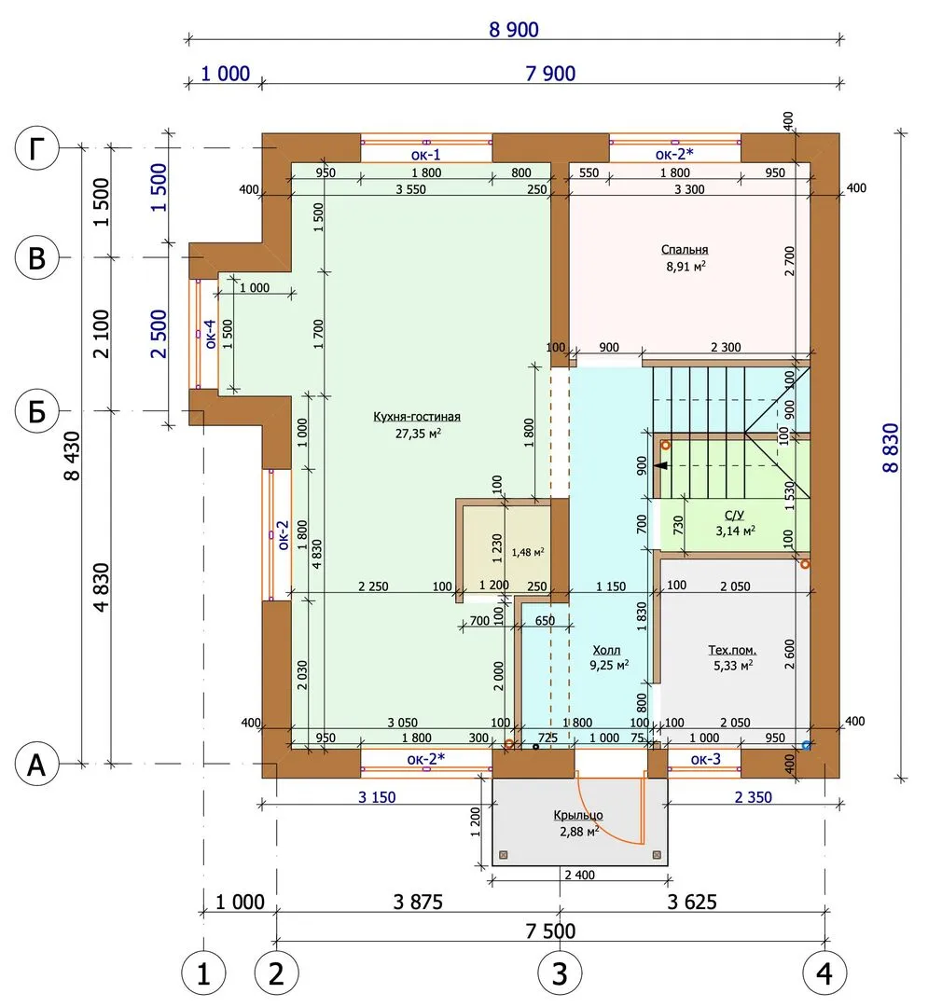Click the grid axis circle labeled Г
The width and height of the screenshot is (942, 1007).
(36, 147)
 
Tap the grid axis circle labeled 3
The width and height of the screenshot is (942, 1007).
(560, 973)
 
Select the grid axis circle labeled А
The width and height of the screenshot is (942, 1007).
(36, 765)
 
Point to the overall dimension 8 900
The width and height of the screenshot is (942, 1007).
(513, 30)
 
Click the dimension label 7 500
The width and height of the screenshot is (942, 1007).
(550, 931)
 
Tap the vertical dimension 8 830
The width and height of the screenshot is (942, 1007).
(891, 448)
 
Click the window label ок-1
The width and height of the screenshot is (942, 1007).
(425, 155)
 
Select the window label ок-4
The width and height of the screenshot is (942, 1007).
(211, 334)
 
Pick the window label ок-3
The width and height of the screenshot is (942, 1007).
(705, 759)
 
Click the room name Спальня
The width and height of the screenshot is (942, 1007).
(685, 250)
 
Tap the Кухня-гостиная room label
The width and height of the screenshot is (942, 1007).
(416, 417)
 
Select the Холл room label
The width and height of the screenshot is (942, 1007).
(606, 651)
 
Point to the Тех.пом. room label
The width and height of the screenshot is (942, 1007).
(732, 651)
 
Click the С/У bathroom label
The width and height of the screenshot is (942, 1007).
(734, 515)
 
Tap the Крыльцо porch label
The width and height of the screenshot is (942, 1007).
(578, 816)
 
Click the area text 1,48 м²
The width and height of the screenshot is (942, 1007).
(528, 552)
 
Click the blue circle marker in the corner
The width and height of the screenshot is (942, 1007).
(807, 746)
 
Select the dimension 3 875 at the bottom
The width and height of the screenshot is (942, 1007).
(418, 902)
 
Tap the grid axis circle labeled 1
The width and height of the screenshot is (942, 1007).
(203, 973)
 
